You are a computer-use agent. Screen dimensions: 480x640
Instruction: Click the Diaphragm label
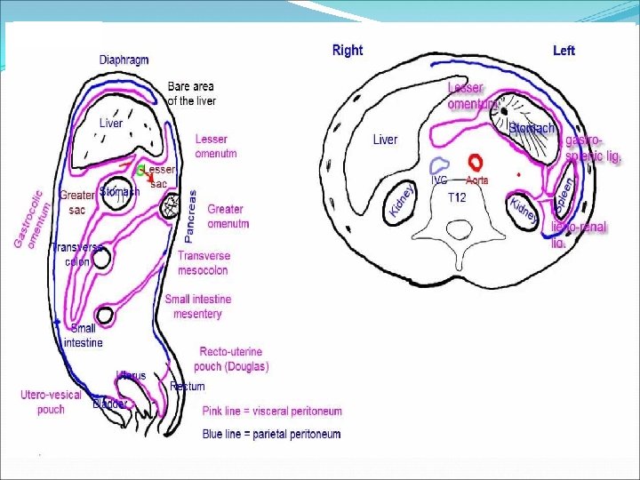tap(124, 60)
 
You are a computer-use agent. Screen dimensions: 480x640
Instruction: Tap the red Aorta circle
tap(476, 162)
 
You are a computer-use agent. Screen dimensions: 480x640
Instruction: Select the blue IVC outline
tap(439, 164)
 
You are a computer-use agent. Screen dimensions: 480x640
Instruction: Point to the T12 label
tap(457, 197)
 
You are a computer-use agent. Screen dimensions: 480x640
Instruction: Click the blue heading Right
tap(348, 51)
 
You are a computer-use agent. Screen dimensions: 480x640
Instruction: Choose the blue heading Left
tap(564, 51)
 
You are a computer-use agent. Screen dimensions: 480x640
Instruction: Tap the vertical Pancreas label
tap(190, 216)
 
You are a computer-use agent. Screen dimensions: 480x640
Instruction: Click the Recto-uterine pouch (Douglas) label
tap(234, 359)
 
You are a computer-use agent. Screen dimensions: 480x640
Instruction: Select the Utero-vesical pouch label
tap(51, 402)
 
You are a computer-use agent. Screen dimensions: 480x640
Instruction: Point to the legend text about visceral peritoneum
tap(272, 412)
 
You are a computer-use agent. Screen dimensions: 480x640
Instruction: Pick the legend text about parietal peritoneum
tap(271, 434)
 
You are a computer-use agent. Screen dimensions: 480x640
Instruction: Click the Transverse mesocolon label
tap(204, 262)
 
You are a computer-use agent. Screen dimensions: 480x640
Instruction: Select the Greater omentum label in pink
tap(228, 217)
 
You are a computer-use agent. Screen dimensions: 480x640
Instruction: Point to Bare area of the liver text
tap(191, 93)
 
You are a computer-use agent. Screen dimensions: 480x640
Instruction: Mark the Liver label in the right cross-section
tap(385, 140)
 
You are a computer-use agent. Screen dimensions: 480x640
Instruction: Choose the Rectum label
tap(188, 387)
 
